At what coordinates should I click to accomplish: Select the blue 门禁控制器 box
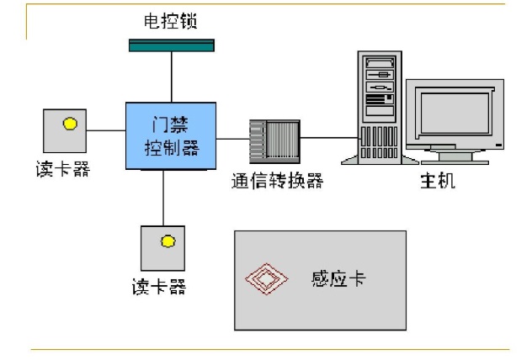172,135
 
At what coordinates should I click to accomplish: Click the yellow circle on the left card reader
70,124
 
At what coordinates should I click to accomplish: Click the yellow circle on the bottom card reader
168,241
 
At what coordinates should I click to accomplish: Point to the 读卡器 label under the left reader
66,169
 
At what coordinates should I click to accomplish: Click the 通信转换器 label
277,181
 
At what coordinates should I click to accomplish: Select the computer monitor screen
455,115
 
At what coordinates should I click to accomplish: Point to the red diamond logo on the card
264,279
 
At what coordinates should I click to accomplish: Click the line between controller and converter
232,138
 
